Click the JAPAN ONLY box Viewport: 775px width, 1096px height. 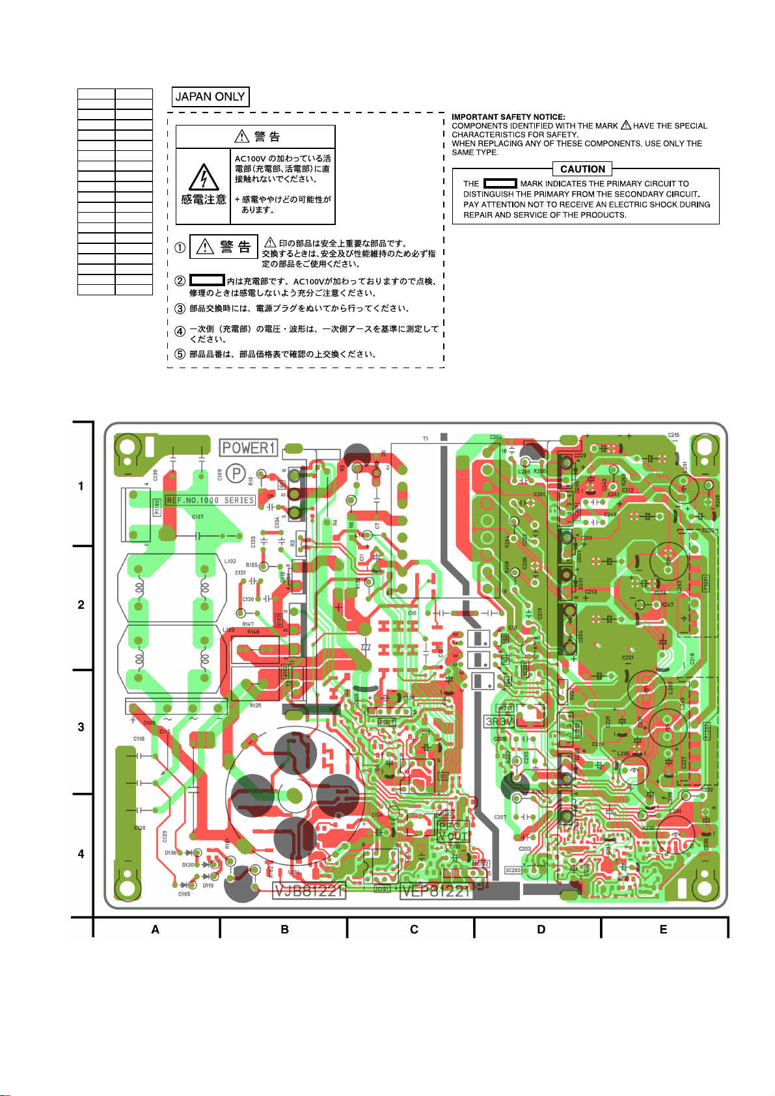210,97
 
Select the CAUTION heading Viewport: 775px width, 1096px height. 582,169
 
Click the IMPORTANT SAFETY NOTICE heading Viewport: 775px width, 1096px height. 508,117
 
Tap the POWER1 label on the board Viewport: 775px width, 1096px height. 249,448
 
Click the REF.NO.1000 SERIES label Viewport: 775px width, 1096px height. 210,500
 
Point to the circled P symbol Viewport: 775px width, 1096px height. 236,474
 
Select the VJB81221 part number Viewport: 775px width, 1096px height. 309,890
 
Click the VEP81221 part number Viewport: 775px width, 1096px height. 436,890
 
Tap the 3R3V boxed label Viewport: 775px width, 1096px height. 499,722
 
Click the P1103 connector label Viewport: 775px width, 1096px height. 157,507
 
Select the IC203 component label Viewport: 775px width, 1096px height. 513,870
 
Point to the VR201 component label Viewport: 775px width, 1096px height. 505,708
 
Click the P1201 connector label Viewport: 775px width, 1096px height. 705,583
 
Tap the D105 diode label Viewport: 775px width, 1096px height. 184,894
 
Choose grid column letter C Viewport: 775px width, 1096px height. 414,929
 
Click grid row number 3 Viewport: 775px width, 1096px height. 81,727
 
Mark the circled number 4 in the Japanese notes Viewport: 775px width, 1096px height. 180,332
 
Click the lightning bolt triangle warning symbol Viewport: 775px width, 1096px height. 204,177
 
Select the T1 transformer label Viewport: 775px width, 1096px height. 426,439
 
